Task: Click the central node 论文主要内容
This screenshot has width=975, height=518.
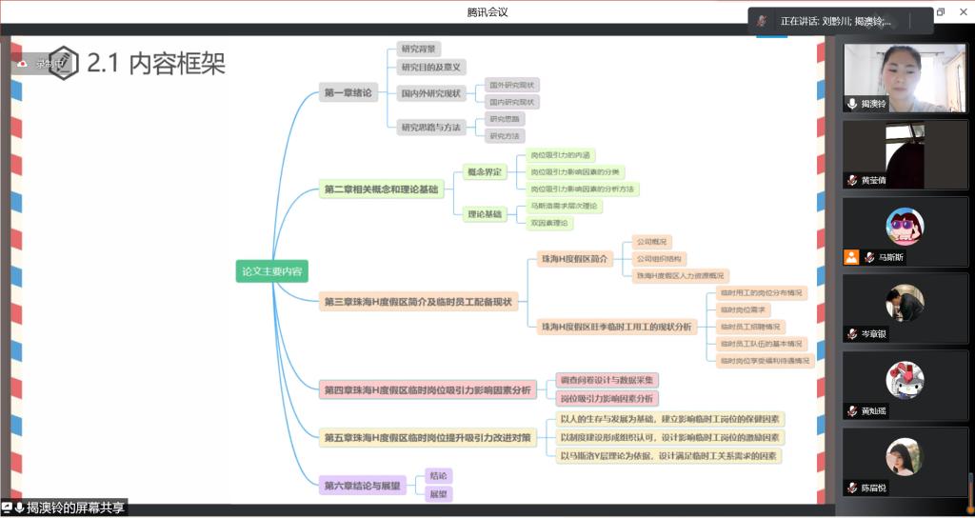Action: tap(271, 271)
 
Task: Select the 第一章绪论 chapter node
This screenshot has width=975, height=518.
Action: tap(348, 92)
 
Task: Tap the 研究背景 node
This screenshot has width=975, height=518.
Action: tap(420, 49)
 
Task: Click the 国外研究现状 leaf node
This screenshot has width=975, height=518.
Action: tap(513, 85)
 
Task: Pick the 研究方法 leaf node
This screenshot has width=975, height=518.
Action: tap(505, 136)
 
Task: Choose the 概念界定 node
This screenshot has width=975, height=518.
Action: tap(484, 172)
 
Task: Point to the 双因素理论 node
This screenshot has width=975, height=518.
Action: tap(549, 223)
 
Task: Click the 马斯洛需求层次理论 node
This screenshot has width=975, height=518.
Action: tap(565, 206)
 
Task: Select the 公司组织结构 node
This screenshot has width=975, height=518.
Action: tap(659, 258)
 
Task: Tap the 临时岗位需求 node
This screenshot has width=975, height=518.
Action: tap(744, 309)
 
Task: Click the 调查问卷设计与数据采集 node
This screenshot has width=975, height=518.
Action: tap(607, 380)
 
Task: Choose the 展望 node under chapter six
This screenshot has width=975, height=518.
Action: tap(438, 494)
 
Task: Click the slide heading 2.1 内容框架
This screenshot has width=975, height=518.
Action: tap(156, 63)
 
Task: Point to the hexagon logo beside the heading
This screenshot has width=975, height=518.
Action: tap(64, 63)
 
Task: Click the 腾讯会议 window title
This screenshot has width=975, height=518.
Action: tap(487, 12)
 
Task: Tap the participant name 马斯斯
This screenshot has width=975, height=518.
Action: tap(891, 257)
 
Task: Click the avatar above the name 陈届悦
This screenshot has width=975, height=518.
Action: tap(904, 456)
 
